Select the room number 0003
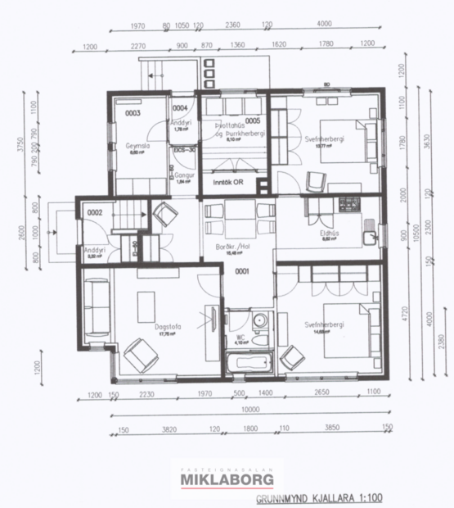(133, 113)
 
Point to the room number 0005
(252, 120)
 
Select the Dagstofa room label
(168, 327)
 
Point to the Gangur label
(183, 175)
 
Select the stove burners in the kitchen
(350, 202)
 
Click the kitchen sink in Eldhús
(373, 238)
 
